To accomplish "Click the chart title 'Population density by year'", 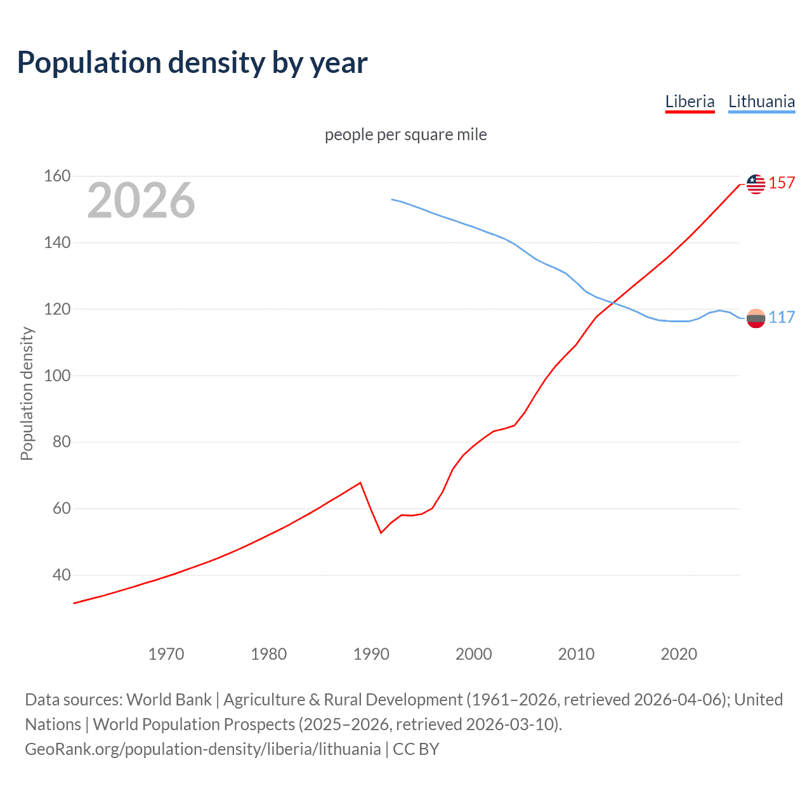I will (x=192, y=62).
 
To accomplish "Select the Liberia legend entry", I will (x=690, y=101).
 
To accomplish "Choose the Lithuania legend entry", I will (x=761, y=101).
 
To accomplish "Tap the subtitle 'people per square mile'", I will (x=405, y=134).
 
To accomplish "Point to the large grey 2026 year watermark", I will (x=141, y=200).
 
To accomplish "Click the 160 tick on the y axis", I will (x=57, y=176).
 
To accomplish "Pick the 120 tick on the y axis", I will (x=57, y=309).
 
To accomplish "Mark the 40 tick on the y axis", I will (x=62, y=575).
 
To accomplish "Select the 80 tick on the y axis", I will (x=62, y=442).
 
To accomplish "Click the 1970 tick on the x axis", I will (x=166, y=653).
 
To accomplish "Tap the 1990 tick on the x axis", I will (x=371, y=653).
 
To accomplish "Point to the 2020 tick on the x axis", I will (x=679, y=653).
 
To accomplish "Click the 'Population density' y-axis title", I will (x=27, y=393).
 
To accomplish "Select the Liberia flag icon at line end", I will (x=756, y=184).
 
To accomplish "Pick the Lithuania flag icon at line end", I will (x=756, y=318).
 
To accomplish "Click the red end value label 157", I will (x=782, y=183).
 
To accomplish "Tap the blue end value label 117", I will (x=782, y=317).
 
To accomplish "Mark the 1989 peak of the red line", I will (x=360, y=483).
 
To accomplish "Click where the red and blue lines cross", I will (x=612, y=303).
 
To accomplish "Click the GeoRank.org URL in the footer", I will (x=203, y=749).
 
